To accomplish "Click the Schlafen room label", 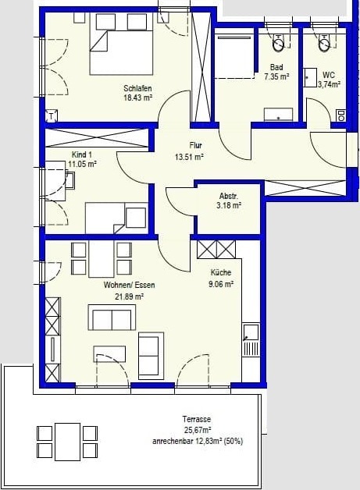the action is point(137,88).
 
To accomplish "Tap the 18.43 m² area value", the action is point(137,98).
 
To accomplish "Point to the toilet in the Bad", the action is point(278,43).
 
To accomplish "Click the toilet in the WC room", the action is point(324,43).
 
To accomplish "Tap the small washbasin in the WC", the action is point(310,77).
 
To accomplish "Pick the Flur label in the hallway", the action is point(195,145).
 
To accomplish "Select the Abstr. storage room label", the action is point(229,197).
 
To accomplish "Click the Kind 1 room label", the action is point(82,154).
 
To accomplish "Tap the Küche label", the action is point(221,272).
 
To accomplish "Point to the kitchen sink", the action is point(251,332).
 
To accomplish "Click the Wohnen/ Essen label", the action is point(129,285).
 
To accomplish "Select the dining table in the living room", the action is point(101,259).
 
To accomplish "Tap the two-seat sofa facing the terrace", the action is point(112,318).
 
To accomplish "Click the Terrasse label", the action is point(197,419).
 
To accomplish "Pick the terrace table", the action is point(68,442).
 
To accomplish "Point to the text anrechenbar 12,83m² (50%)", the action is point(198,442).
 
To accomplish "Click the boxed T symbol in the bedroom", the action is point(52,116).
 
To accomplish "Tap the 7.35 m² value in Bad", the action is point(276,76).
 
